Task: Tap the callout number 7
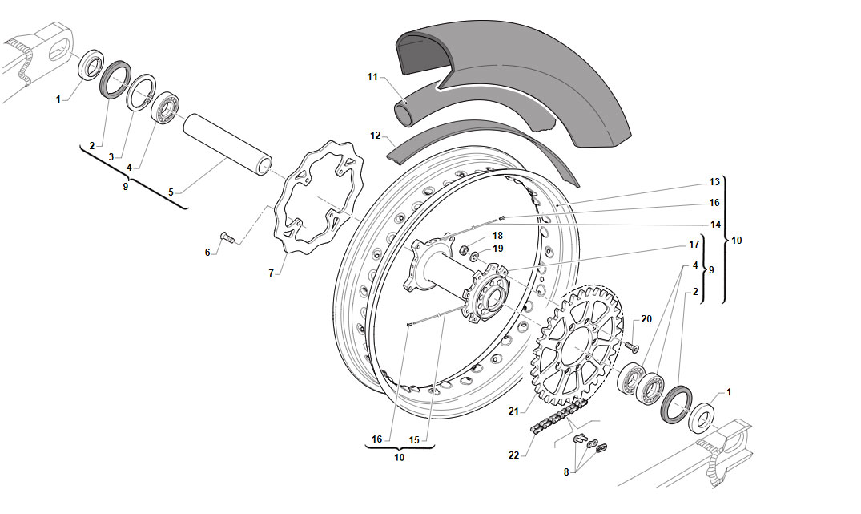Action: pos(271,273)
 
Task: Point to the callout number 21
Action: pos(513,411)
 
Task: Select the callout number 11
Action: pos(373,77)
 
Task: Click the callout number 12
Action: pos(376,136)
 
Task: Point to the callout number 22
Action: pos(513,455)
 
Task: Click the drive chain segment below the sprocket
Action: pos(558,416)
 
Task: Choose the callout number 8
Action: pos(566,472)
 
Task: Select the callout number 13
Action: pos(714,182)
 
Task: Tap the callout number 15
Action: pos(414,439)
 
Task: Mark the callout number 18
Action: pos(497,236)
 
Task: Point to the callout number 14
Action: pos(715,225)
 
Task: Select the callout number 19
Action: pos(497,249)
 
